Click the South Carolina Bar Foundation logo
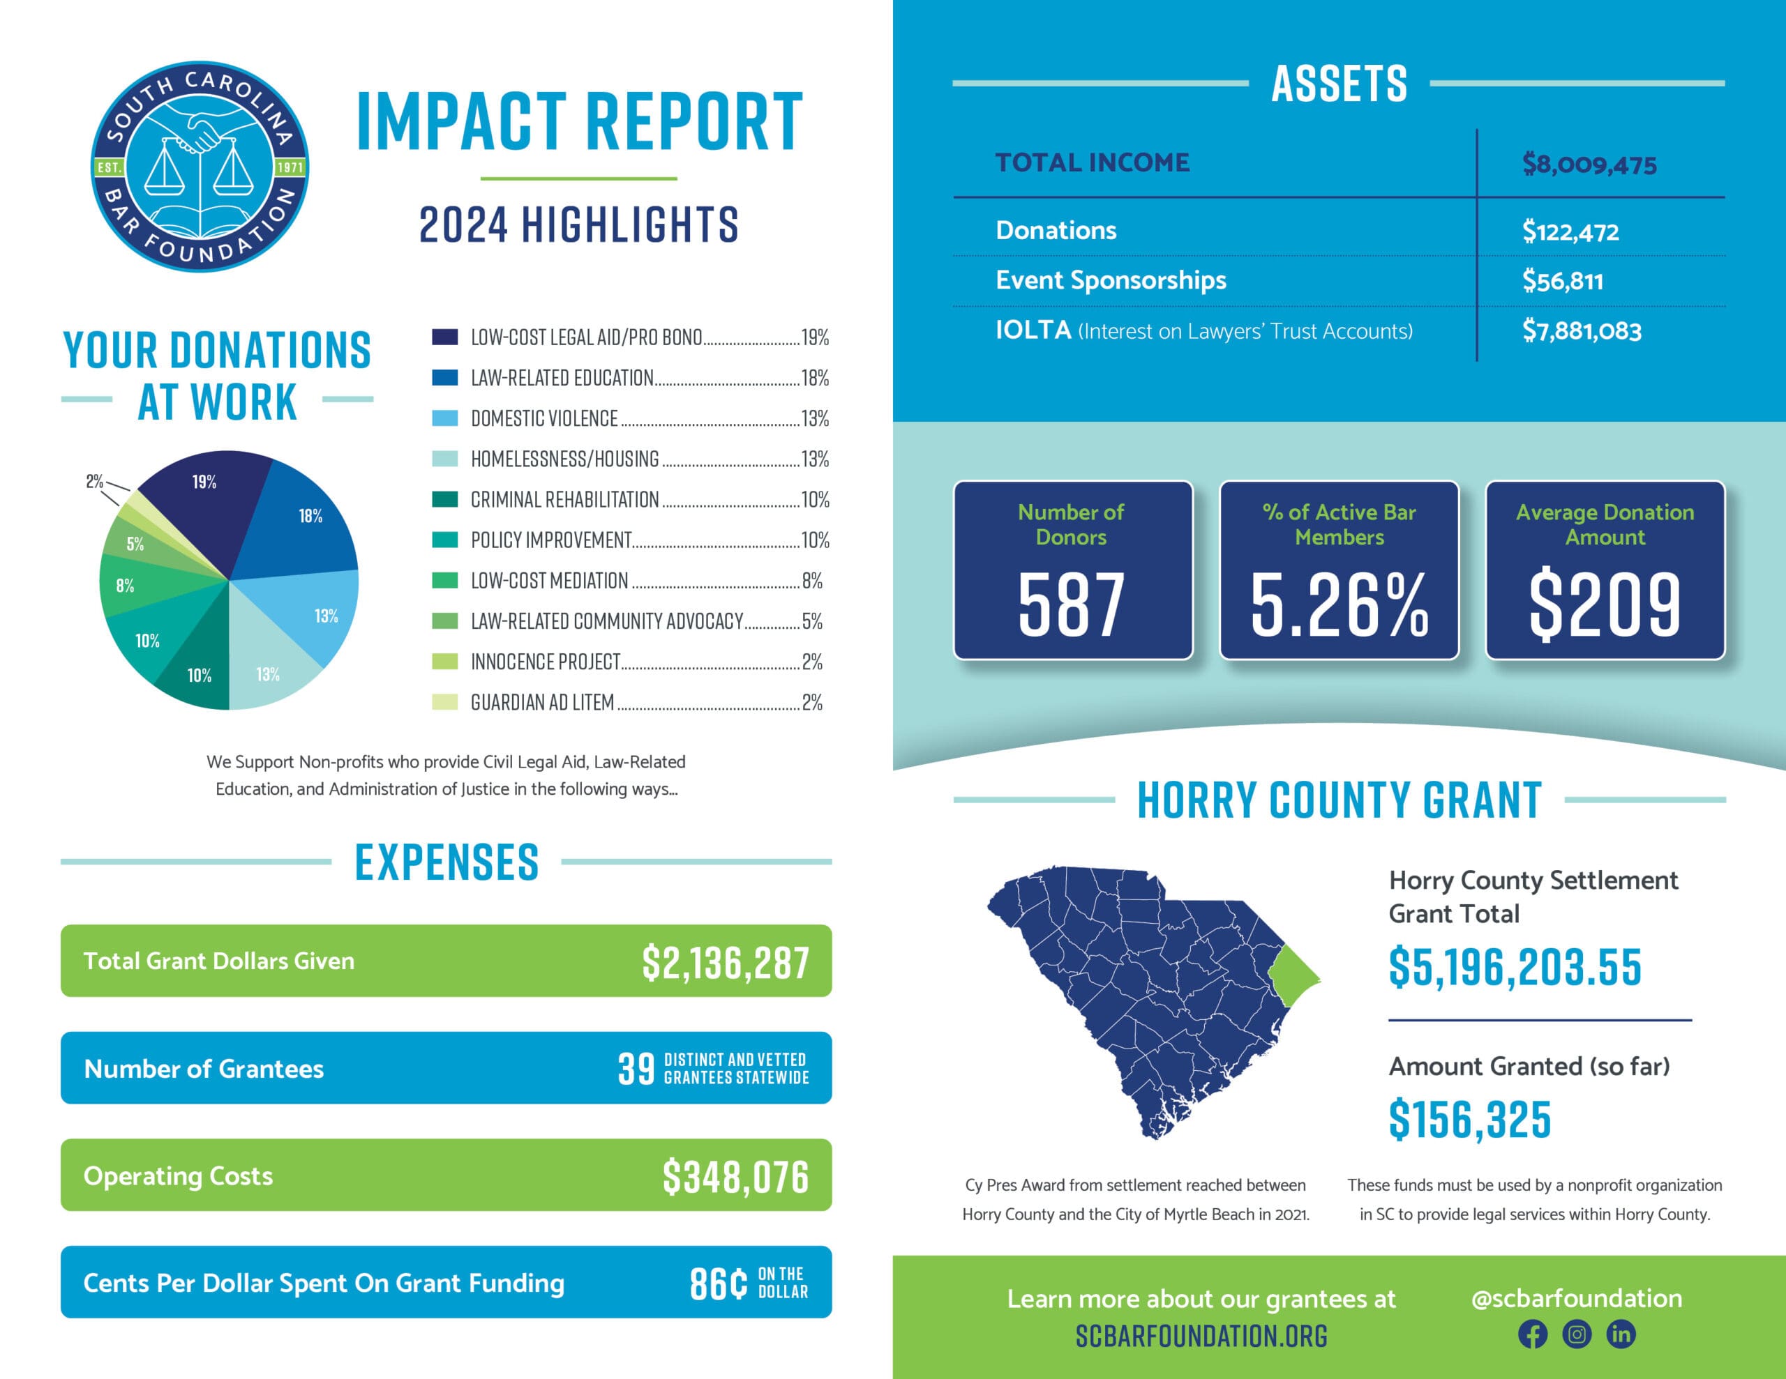(x=199, y=167)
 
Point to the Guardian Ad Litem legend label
(x=542, y=702)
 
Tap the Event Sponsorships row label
(x=1110, y=280)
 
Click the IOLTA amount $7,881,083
(x=1581, y=331)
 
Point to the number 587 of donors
(x=1072, y=605)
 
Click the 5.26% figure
(x=1339, y=605)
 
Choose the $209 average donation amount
(x=1605, y=605)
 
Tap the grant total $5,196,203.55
(x=1515, y=967)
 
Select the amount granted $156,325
(x=1469, y=1119)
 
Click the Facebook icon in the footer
(x=1533, y=1334)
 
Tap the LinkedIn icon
(x=1621, y=1334)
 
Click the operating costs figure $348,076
(x=735, y=1176)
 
